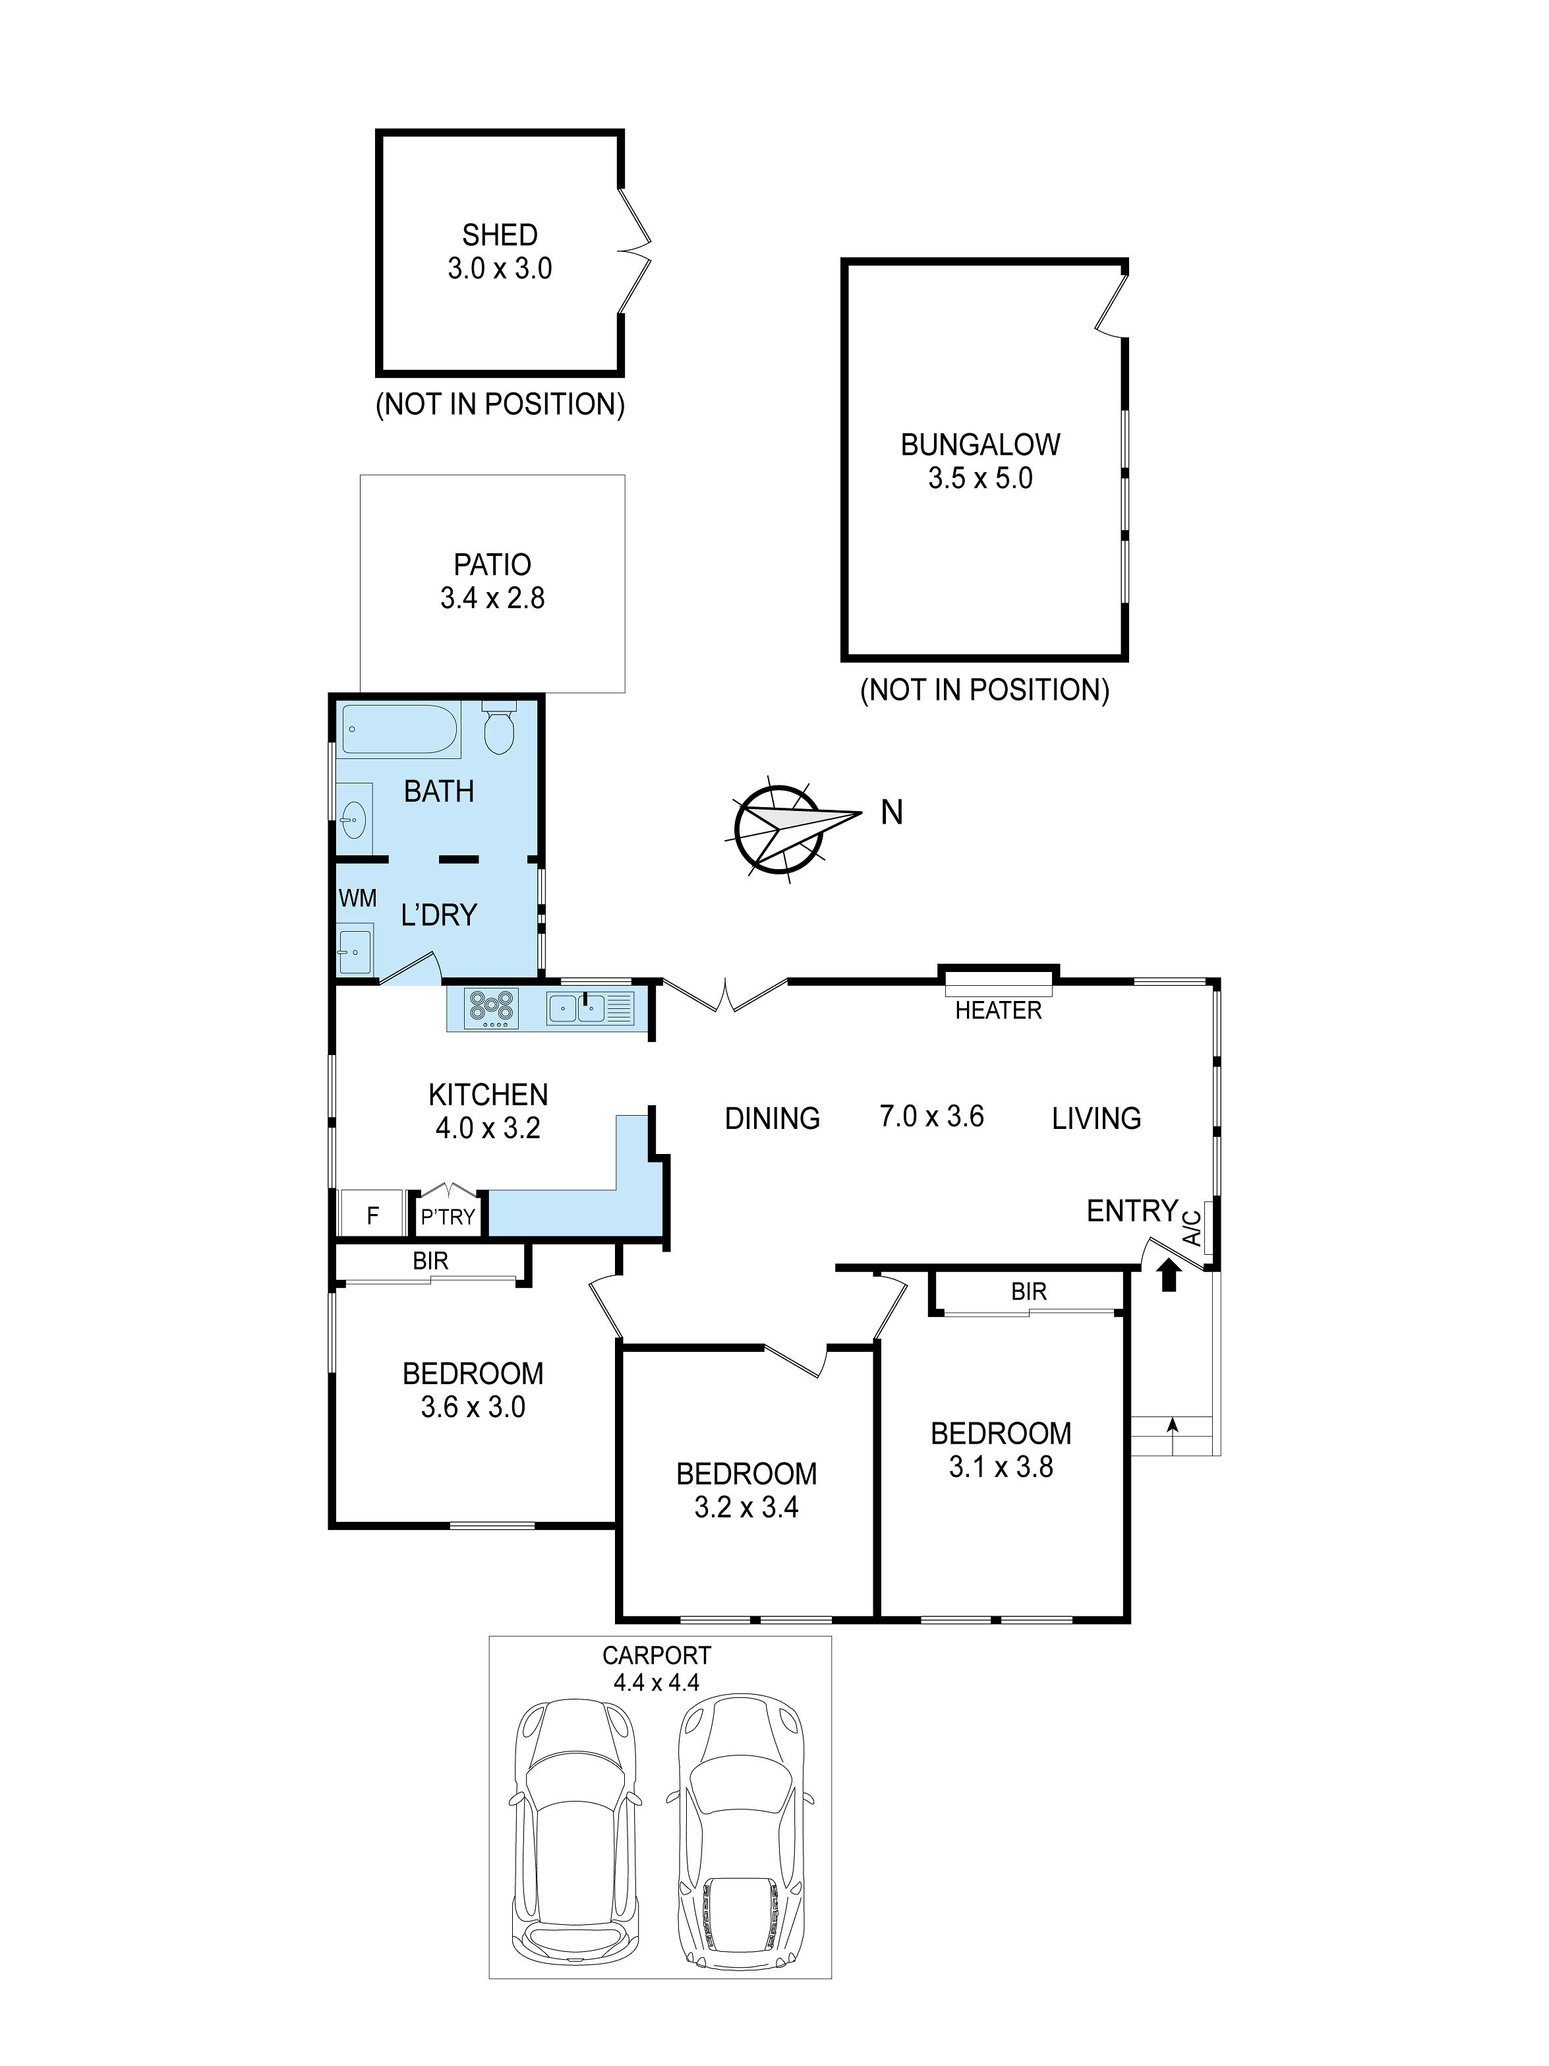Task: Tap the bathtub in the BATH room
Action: coord(399,729)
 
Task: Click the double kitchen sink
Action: coord(577,1008)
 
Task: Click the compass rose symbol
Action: coord(775,828)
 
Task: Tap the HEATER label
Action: coord(997,1011)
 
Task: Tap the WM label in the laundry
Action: coord(358,899)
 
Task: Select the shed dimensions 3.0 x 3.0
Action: coord(500,269)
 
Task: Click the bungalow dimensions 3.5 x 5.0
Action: coord(979,478)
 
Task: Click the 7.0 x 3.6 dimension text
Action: coord(931,1116)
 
